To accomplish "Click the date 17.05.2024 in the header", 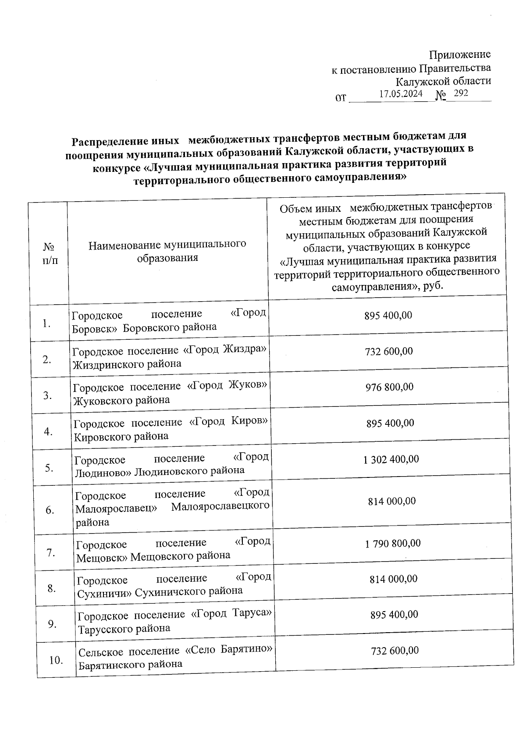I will point(401,94).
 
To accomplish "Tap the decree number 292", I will point(461,93).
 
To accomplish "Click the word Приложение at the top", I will point(460,55).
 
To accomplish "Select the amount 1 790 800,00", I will point(393,544).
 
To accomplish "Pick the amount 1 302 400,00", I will point(391,459).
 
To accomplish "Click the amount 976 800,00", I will point(389,387).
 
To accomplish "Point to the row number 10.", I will point(56,660).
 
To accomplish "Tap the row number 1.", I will point(46,324).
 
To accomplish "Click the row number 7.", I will point(51,553).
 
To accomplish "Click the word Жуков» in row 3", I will point(248,386).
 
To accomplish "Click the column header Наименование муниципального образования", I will point(167,251).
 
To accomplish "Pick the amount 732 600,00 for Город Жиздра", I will point(389,352).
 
